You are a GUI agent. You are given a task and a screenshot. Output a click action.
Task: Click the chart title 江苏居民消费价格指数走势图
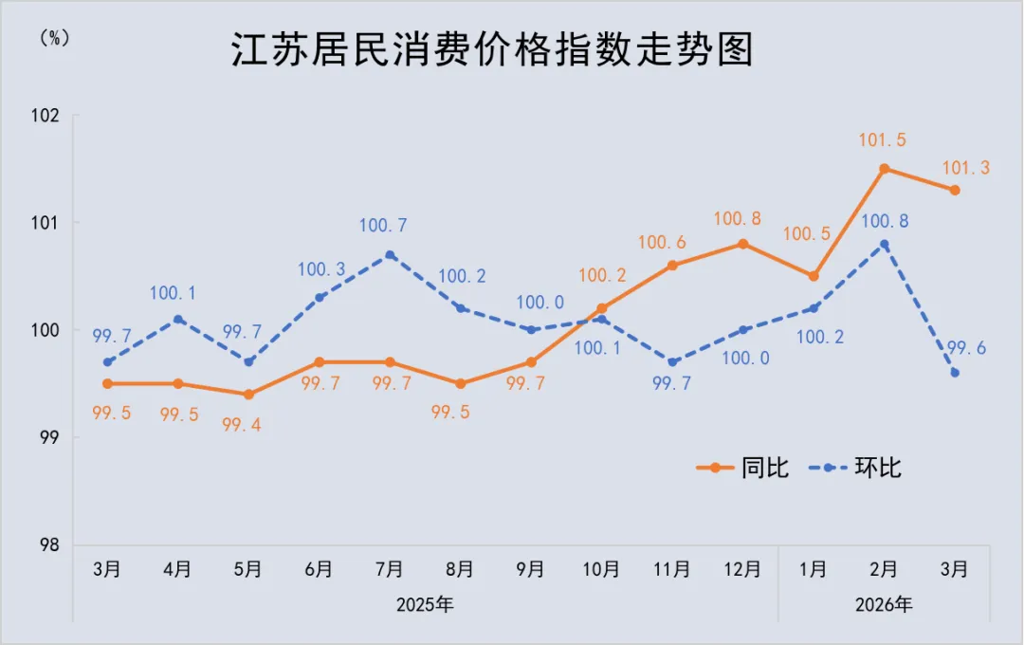click(492, 50)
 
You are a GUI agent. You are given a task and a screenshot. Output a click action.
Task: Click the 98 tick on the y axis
click(49, 545)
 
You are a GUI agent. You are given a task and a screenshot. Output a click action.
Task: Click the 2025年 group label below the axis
click(426, 604)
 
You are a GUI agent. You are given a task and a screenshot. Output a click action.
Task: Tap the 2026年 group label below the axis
click(884, 604)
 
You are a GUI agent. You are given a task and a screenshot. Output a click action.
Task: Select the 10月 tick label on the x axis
click(601, 569)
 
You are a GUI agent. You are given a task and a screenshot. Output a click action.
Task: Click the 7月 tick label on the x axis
click(390, 569)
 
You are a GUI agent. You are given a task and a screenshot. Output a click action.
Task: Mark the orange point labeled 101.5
click(884, 169)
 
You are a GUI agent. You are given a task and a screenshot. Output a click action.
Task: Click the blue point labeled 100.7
click(390, 255)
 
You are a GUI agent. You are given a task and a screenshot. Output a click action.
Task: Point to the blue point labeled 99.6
click(955, 373)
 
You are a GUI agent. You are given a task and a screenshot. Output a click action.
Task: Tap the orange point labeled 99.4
click(248, 395)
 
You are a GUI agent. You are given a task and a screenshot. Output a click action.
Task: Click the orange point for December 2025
click(743, 244)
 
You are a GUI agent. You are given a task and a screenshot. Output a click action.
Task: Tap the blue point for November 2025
click(672, 361)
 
